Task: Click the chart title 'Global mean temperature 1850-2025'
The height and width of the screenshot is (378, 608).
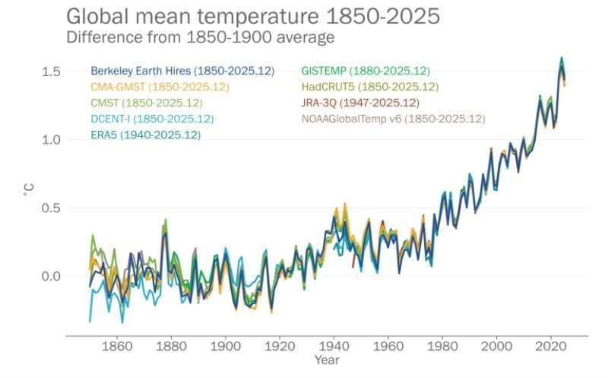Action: (253, 16)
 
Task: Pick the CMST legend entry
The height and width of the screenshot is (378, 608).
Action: (147, 103)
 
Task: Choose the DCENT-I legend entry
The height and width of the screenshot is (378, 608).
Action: (151, 119)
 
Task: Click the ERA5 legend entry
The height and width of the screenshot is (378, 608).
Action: (146, 135)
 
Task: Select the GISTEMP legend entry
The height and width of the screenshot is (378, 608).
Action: (366, 71)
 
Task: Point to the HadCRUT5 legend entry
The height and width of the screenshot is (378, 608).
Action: (369, 87)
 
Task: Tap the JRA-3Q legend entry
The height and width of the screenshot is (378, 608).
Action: (359, 103)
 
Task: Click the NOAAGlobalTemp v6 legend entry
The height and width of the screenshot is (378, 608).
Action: (393, 119)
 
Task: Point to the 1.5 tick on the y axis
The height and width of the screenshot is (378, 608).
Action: (51, 71)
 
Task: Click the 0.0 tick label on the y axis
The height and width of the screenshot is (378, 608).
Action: (51, 276)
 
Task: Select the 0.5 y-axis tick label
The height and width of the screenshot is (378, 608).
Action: (51, 208)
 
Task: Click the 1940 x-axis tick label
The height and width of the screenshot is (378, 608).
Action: (333, 346)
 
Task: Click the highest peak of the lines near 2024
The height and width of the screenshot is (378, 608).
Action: (562, 58)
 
